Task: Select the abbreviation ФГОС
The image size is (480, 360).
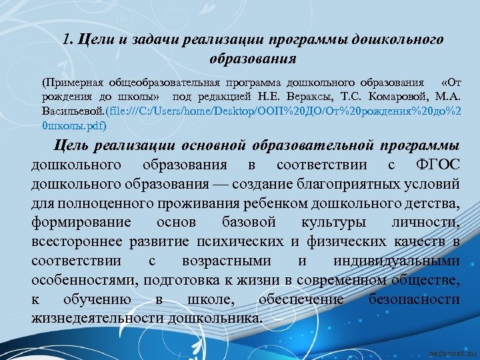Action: point(437,164)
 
